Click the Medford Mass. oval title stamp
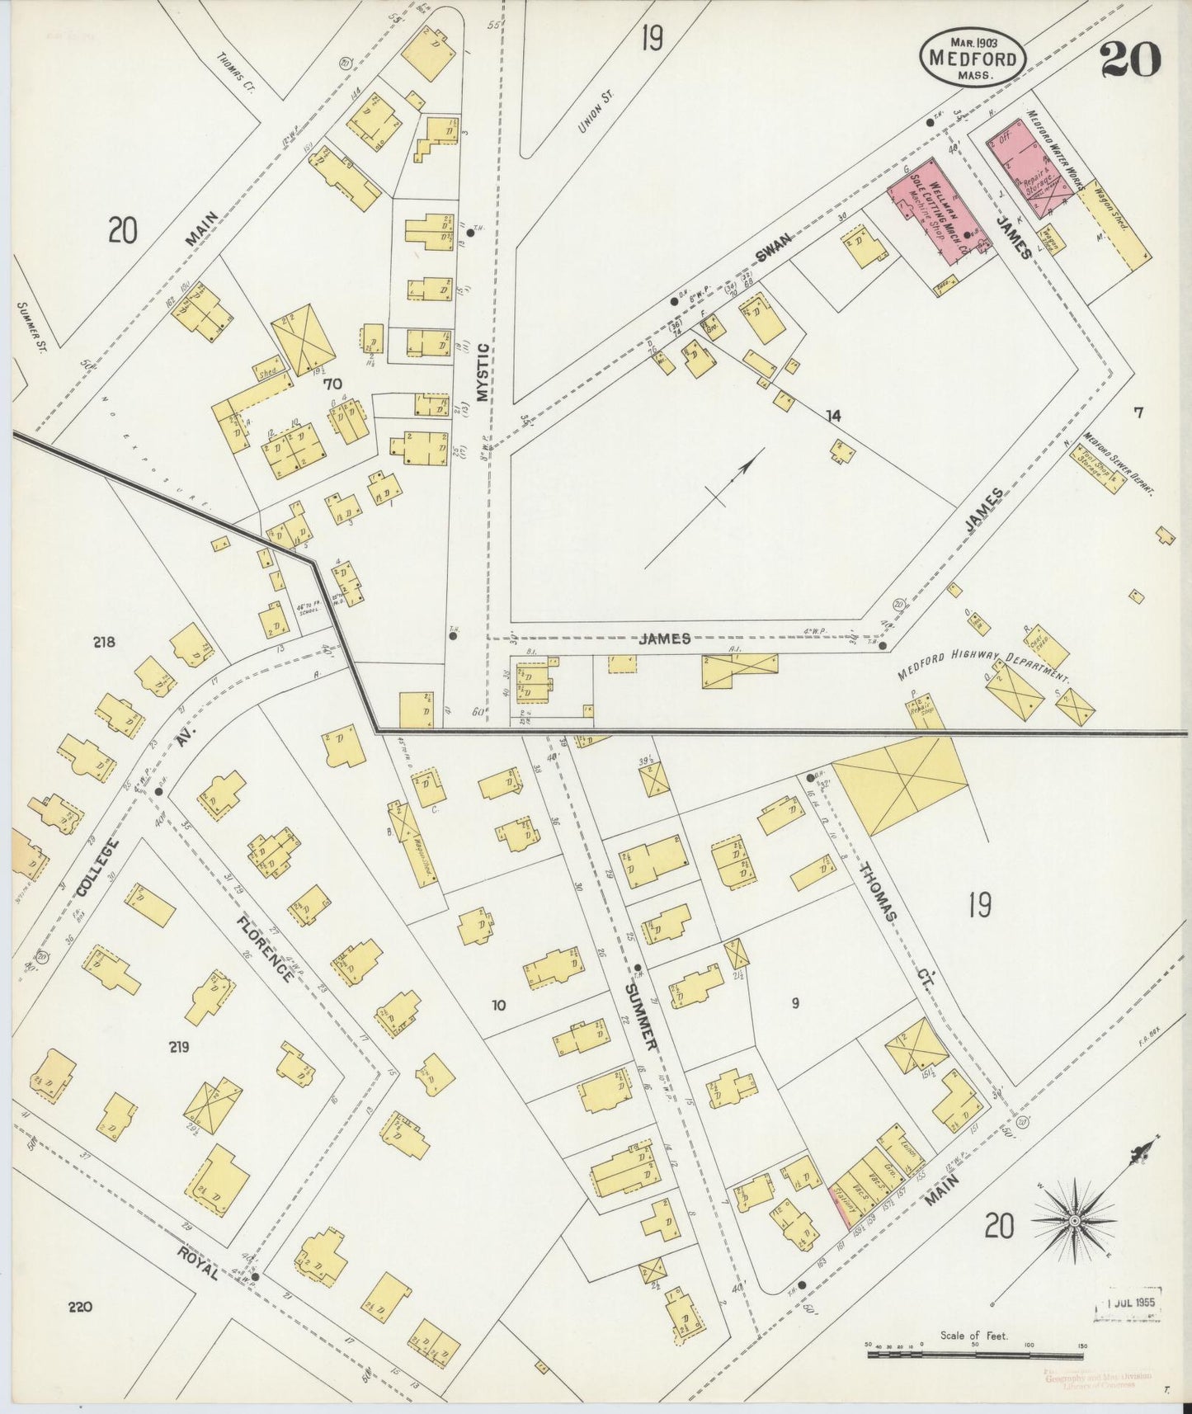(x=973, y=56)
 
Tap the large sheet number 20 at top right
(x=1130, y=59)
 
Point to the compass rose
(x=1076, y=1219)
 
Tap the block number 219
(x=179, y=1047)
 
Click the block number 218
(x=104, y=642)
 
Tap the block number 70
(x=332, y=383)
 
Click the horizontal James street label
(x=664, y=639)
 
